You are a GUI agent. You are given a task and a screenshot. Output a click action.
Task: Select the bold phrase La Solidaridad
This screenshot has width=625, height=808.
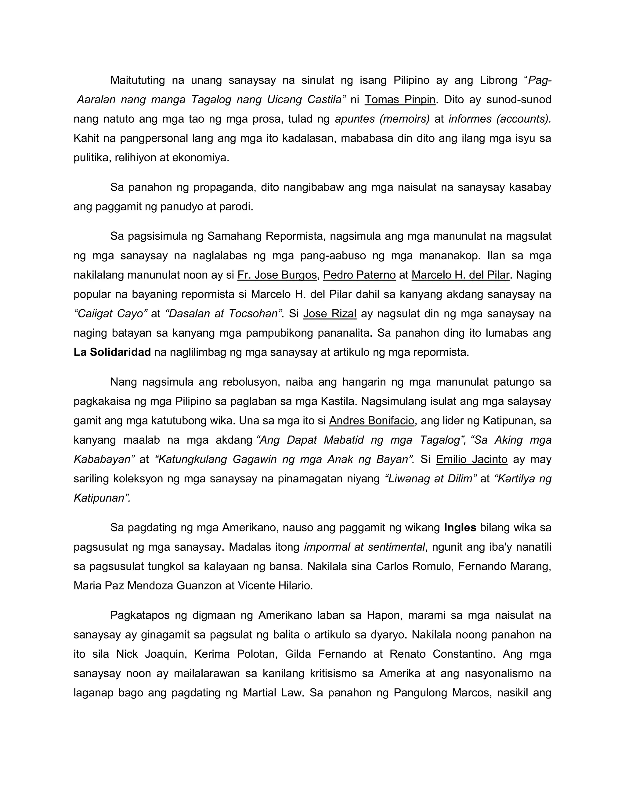tap(112, 352)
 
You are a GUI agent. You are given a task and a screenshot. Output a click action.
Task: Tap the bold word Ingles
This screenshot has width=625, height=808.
tap(460, 527)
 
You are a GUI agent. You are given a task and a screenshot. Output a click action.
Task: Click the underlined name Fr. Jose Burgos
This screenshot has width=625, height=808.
tap(277, 275)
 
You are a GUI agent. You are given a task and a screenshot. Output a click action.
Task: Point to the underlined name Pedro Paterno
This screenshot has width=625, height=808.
tap(359, 275)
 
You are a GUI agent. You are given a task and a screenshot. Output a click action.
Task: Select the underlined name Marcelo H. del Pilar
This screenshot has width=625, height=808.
tap(461, 275)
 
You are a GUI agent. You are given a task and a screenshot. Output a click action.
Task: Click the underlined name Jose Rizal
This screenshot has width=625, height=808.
tap(330, 314)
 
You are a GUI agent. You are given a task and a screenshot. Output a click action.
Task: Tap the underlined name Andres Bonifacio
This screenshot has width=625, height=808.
tap(371, 421)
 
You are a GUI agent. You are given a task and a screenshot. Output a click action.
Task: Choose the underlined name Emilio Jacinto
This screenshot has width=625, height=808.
tap(471, 459)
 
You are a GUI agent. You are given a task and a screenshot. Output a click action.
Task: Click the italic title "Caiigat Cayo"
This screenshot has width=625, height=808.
tap(111, 314)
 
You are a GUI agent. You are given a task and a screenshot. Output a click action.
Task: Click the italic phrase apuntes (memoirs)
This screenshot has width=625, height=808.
tap(382, 119)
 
